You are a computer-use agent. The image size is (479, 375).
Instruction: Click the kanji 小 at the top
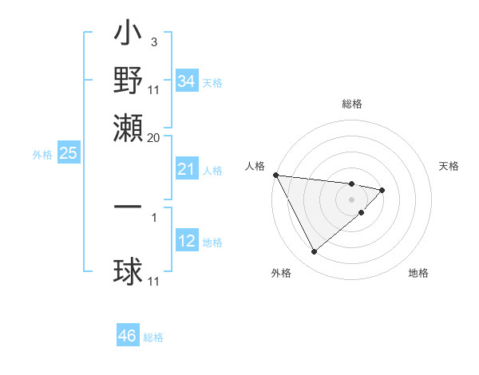(x=128, y=35)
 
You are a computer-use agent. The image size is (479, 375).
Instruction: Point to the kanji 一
(x=128, y=207)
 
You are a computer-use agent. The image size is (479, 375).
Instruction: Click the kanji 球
(x=128, y=272)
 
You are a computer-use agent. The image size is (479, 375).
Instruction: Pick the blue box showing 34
(x=186, y=81)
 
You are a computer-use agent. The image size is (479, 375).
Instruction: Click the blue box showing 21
(x=186, y=169)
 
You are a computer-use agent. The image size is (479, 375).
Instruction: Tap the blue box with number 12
(x=186, y=241)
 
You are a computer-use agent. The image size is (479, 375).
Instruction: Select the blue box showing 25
(x=68, y=153)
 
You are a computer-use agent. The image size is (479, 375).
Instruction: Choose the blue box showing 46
(x=128, y=336)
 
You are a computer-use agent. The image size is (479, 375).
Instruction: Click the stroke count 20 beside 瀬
(x=154, y=137)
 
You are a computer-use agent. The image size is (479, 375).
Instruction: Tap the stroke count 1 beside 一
(x=154, y=216)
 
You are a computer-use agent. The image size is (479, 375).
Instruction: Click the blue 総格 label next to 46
(x=154, y=337)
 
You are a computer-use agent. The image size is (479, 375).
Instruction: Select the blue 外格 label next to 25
(x=42, y=155)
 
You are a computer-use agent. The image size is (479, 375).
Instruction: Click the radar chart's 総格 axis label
(x=352, y=104)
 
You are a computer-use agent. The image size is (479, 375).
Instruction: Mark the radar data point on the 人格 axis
(x=275, y=175)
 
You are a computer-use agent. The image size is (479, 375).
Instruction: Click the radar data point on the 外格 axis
(x=314, y=252)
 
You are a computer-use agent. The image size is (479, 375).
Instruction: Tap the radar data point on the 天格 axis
(x=382, y=190)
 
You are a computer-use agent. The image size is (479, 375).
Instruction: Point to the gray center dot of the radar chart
(x=352, y=199)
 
